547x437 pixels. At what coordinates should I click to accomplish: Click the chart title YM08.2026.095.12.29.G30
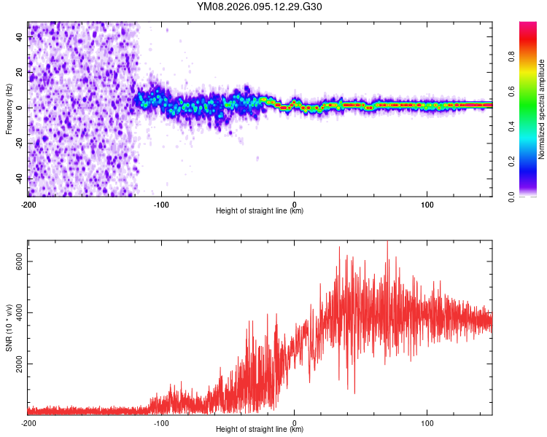tap(260, 7)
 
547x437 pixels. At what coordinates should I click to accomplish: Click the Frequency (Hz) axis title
tap(9, 109)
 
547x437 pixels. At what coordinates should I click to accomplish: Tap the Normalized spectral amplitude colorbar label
tap(542, 109)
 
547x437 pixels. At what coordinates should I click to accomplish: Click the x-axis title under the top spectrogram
tap(260, 211)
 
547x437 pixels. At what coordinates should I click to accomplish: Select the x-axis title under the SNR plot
tap(260, 430)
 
